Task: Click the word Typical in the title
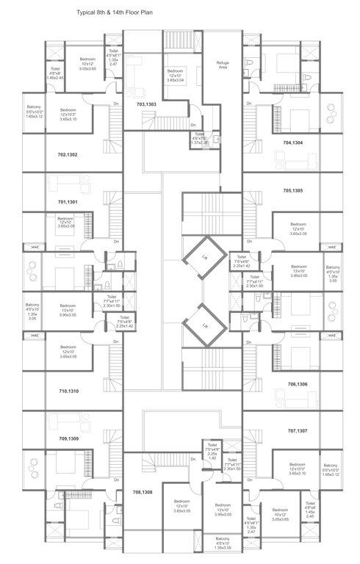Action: pyautogui.click(x=87, y=13)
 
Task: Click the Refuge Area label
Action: pyautogui.click(x=223, y=65)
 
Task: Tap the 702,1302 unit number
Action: pyautogui.click(x=67, y=154)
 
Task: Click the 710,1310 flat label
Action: pyautogui.click(x=67, y=392)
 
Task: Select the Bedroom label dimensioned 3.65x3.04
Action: pyautogui.click(x=174, y=76)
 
